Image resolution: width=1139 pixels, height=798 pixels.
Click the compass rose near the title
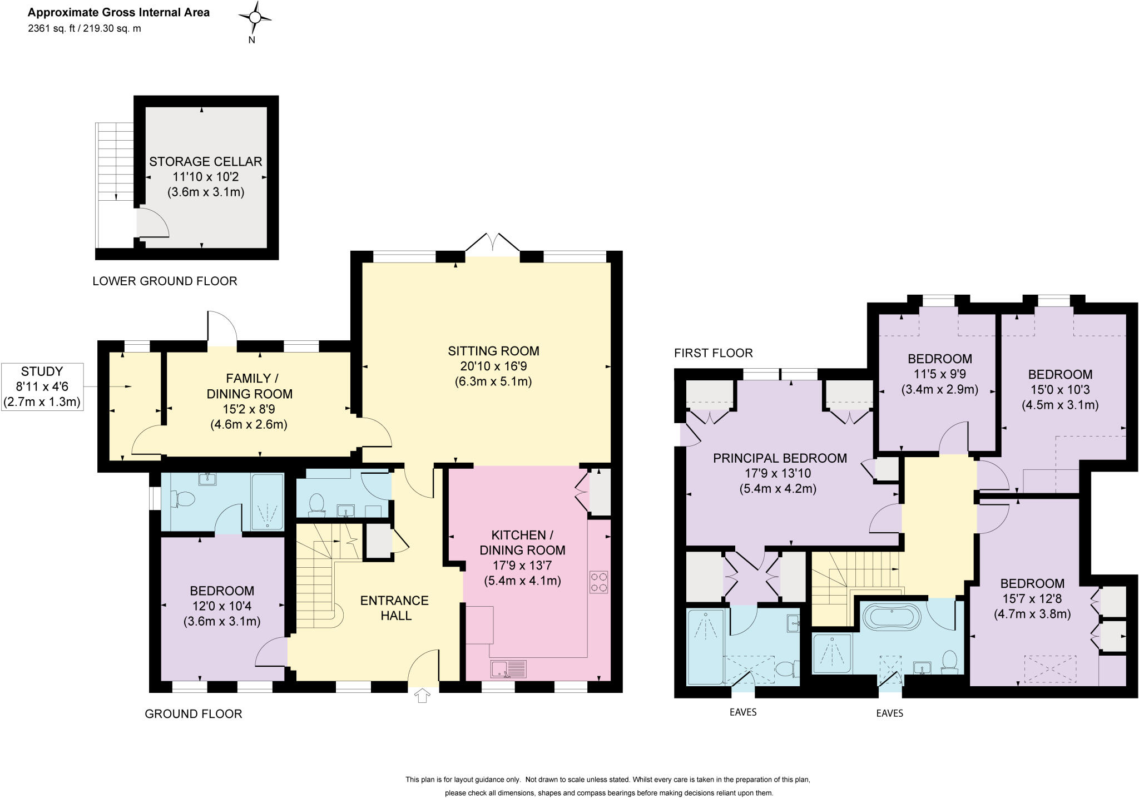(x=255, y=18)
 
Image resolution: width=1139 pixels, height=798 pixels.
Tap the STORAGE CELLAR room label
(x=205, y=162)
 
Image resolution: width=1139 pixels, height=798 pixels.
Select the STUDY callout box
(x=42, y=387)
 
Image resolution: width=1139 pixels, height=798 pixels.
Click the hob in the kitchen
(x=598, y=582)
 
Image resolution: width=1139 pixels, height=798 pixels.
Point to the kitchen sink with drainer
(x=508, y=669)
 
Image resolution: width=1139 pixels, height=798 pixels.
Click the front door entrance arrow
(x=422, y=695)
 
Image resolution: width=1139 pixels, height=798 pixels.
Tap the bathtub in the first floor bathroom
(x=891, y=617)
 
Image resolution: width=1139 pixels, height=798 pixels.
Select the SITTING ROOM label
(x=493, y=351)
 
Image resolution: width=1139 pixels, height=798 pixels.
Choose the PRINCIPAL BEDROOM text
(x=780, y=458)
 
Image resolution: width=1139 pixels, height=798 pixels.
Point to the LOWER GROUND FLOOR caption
(x=165, y=281)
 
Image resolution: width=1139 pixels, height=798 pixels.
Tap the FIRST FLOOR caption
(x=713, y=353)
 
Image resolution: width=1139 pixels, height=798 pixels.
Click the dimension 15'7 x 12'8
(x=1032, y=599)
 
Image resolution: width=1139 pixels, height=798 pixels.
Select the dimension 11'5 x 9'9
(x=939, y=374)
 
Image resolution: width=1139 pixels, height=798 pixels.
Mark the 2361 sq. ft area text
(x=52, y=29)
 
